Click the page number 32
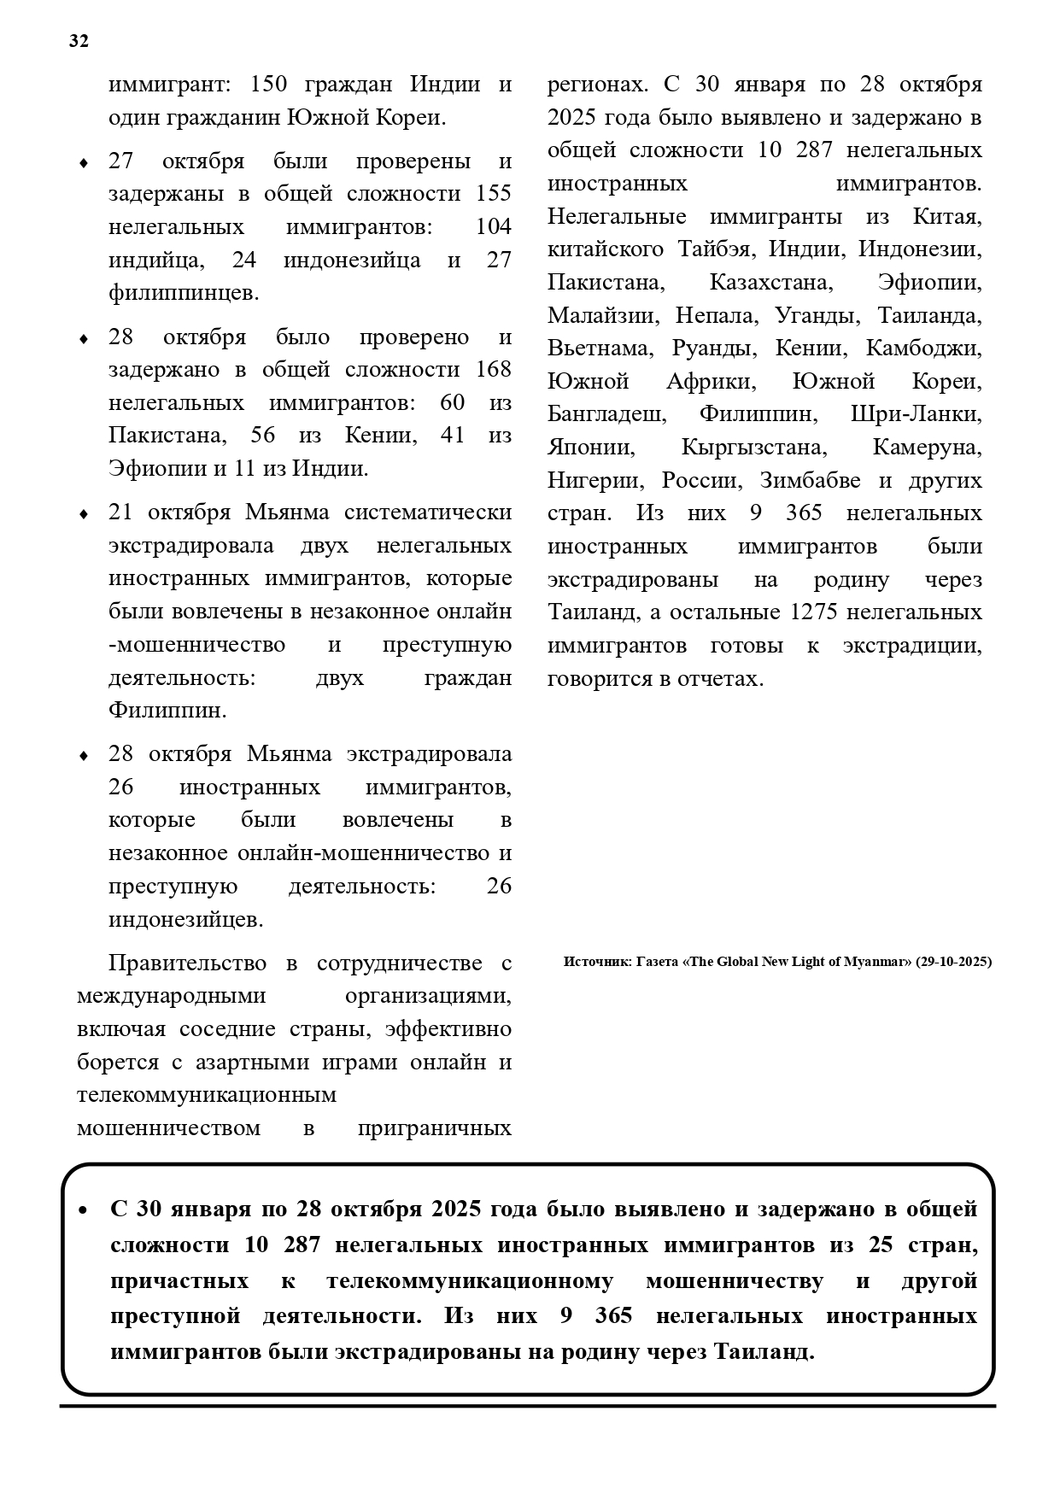pyautogui.click(x=79, y=42)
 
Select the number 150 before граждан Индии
pyautogui.click(x=270, y=85)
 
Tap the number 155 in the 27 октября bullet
pyautogui.click(x=493, y=194)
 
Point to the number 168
pyautogui.click(x=493, y=370)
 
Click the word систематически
pyautogui.click(x=428, y=512)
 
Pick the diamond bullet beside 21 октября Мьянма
pyautogui.click(x=84, y=514)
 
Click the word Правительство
pyautogui.click(x=188, y=963)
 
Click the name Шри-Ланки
pyautogui.click(x=916, y=415)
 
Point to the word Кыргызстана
pyautogui.click(x=753, y=448)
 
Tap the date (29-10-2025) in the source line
pyautogui.click(x=953, y=962)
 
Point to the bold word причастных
pyautogui.click(x=179, y=1281)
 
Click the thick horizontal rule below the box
pyautogui.click(x=528, y=1406)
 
